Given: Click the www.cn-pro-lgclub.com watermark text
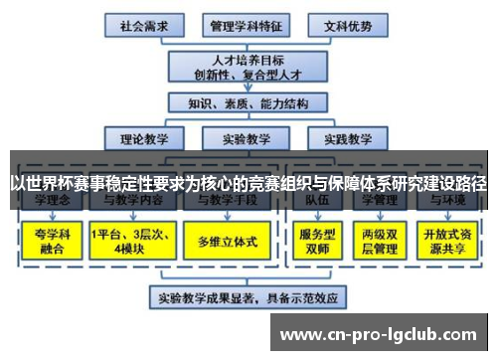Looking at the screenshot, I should [381, 331].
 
